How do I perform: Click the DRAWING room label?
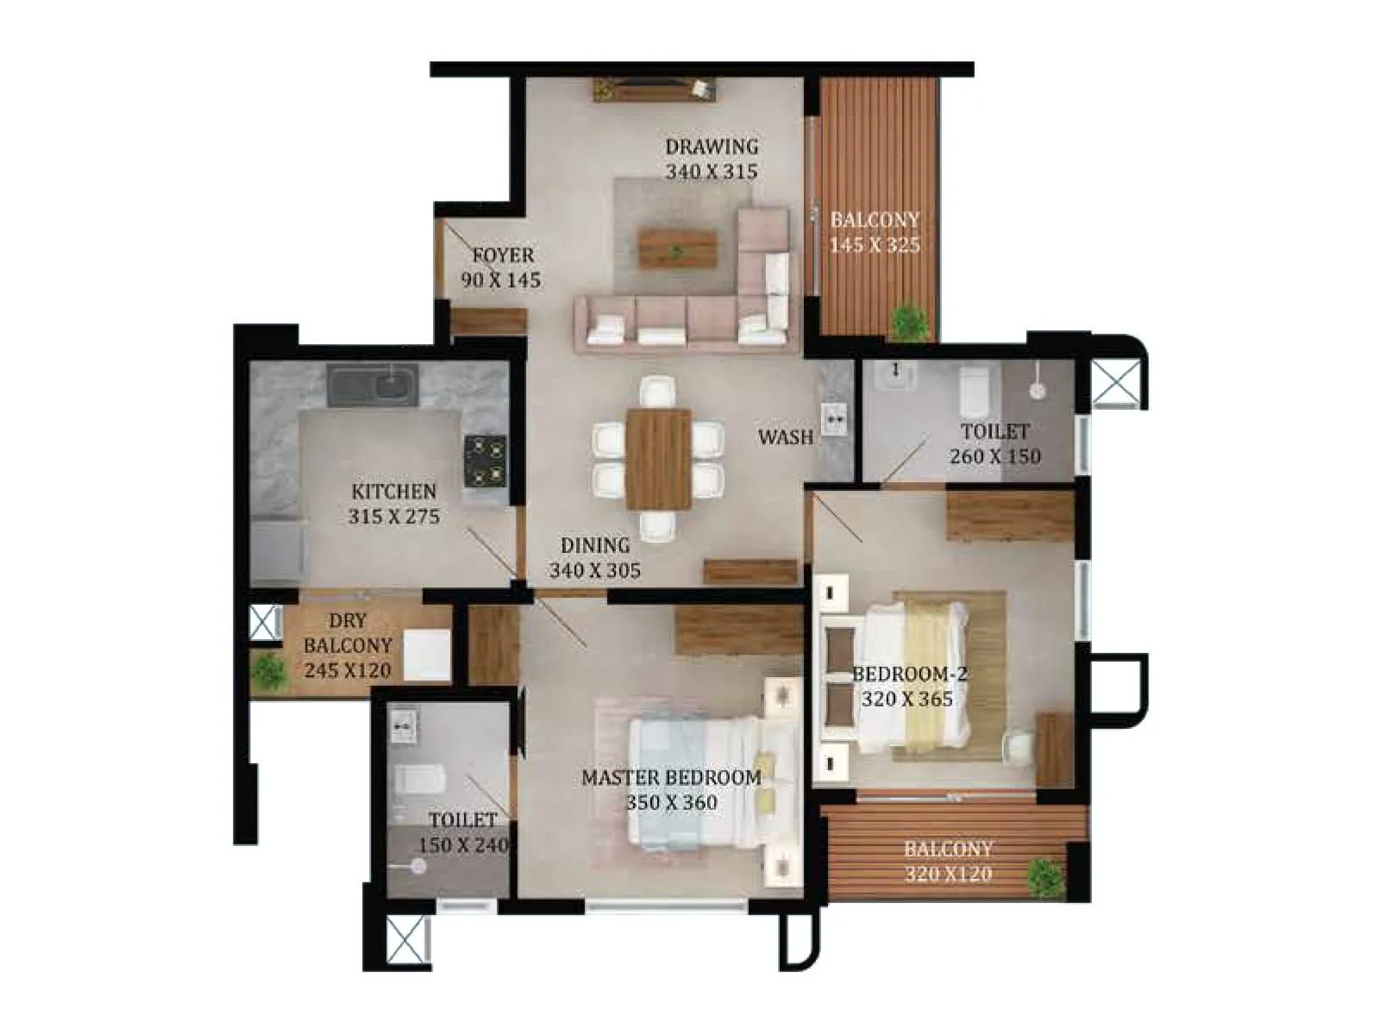coord(711,147)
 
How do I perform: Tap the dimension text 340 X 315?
coord(711,172)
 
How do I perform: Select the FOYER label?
coord(503,255)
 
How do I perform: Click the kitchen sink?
coord(373,385)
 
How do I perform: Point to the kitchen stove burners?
coord(485,459)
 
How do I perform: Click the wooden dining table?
coord(659,459)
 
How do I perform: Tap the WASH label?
coord(785,437)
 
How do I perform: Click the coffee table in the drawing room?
coord(677,248)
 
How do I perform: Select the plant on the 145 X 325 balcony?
coord(910,322)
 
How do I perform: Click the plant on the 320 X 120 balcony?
coord(1045,877)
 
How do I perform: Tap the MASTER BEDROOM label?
coord(671,777)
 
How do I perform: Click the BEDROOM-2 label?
coord(909,674)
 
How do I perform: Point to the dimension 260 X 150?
coord(994,456)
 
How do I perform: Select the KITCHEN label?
coord(393,492)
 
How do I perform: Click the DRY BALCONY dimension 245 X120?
coord(347,670)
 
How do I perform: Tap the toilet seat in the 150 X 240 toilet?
coord(419,781)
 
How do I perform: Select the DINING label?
coord(594,545)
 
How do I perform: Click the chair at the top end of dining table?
coord(658,391)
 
